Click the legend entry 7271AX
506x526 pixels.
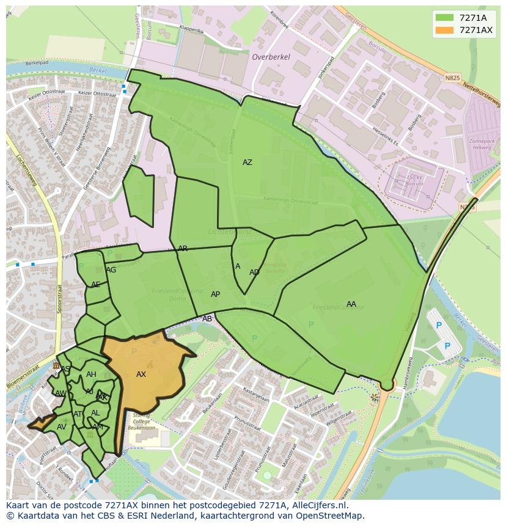pos(475,30)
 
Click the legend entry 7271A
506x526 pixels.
pos(472,17)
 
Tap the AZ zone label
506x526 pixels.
pos(247,163)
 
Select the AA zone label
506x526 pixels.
pos(351,304)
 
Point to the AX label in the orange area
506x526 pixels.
pos(141,374)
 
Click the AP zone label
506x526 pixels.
pos(215,294)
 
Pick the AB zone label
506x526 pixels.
pos(207,319)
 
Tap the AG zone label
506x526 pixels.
pos(111,270)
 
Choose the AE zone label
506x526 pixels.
pos(95,285)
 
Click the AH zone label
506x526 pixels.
pos(91,374)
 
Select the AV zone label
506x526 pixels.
pos(61,427)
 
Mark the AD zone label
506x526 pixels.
pos(254,272)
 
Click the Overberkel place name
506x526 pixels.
pos(271,57)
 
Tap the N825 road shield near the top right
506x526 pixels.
pos(452,78)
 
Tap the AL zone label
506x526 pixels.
pos(95,413)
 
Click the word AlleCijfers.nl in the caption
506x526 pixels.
pos(317,506)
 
